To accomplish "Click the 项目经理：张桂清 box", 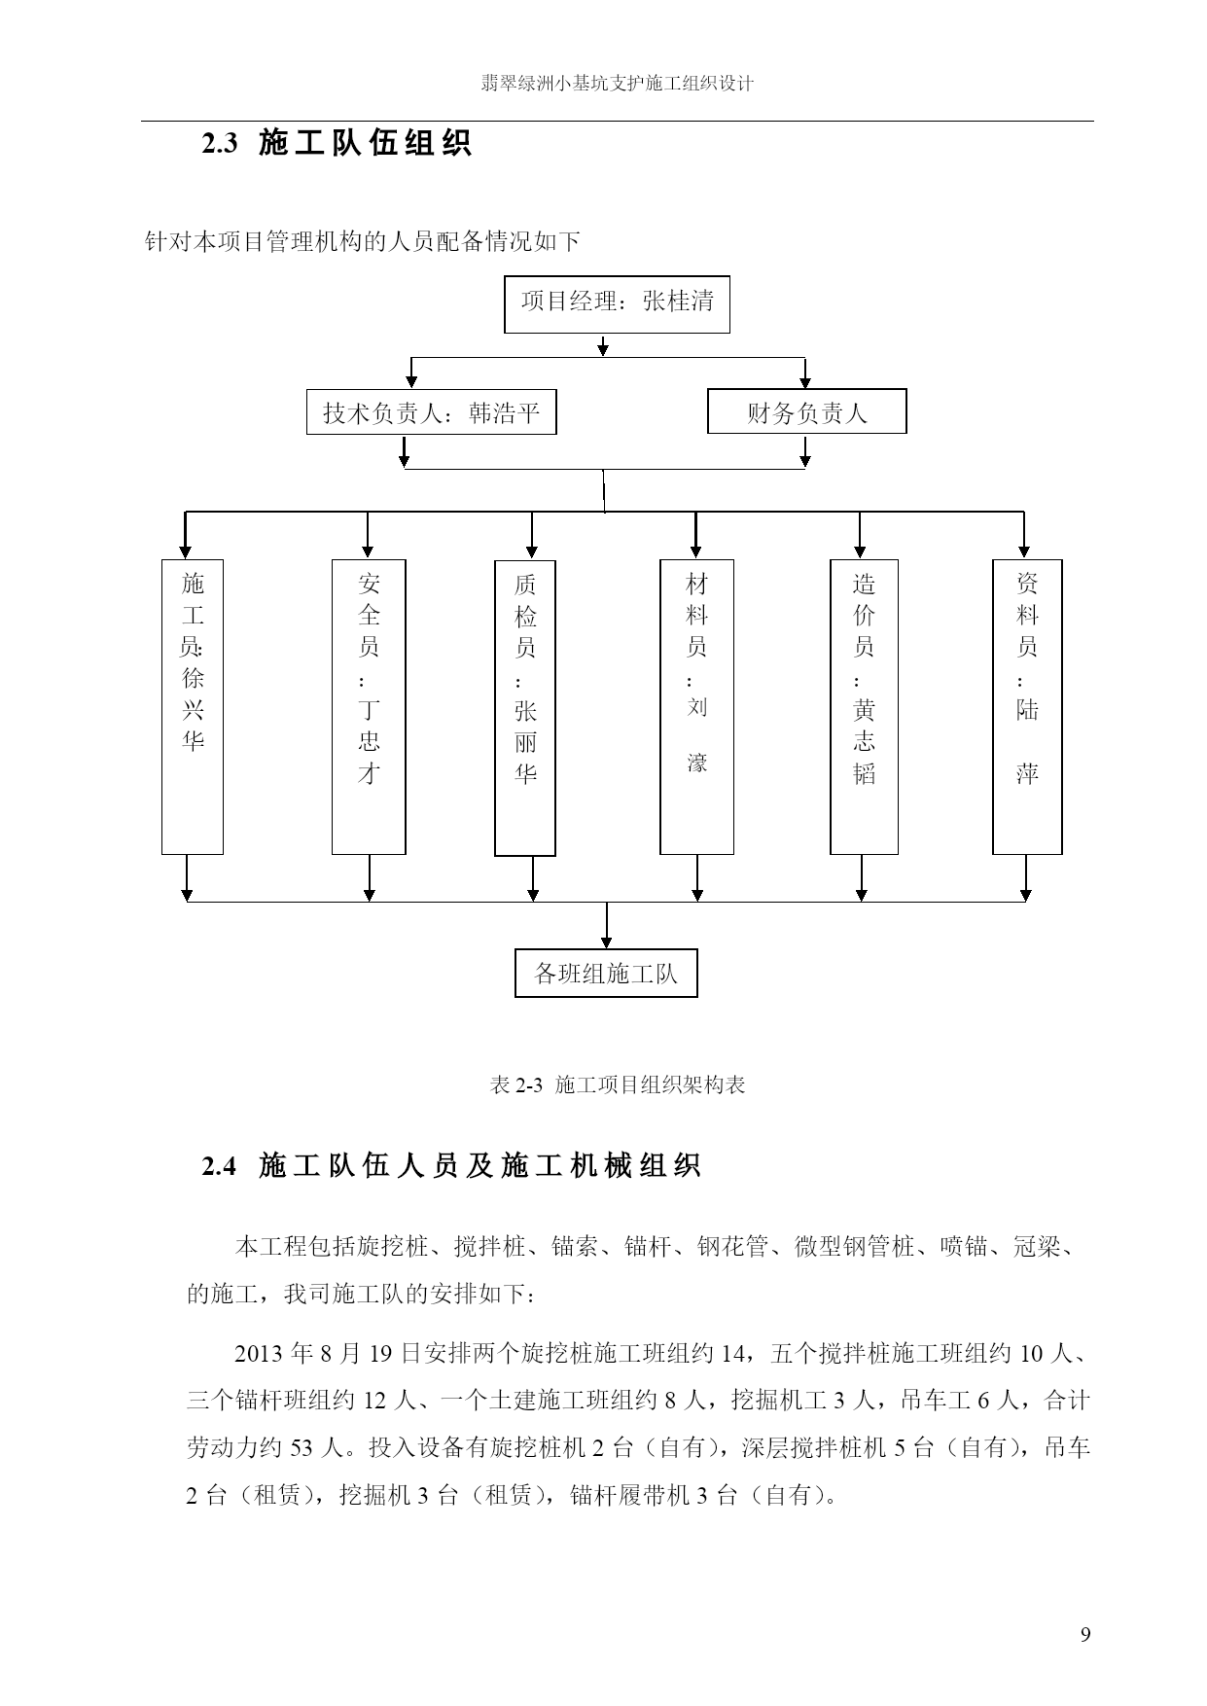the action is (x=617, y=304).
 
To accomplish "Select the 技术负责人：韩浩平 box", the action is (x=432, y=412).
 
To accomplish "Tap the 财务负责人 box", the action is (x=806, y=411).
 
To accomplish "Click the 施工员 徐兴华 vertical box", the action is (x=193, y=707).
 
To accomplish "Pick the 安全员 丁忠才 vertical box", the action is (x=369, y=707).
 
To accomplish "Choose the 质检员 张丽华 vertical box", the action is (x=525, y=708).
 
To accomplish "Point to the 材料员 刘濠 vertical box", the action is (x=696, y=707).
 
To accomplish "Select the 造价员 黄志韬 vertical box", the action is (x=864, y=707).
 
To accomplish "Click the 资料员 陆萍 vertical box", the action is (x=1027, y=707).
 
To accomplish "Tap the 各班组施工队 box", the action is (x=606, y=973).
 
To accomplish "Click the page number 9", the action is (x=1085, y=1633).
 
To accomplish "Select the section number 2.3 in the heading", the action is (x=220, y=144).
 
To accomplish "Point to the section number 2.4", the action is (x=220, y=1165).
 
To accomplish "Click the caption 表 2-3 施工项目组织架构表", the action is (x=618, y=1084).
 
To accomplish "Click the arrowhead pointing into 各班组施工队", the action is (x=607, y=942).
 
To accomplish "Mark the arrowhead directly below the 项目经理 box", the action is (x=603, y=349).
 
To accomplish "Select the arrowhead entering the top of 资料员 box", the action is (x=1025, y=552).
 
